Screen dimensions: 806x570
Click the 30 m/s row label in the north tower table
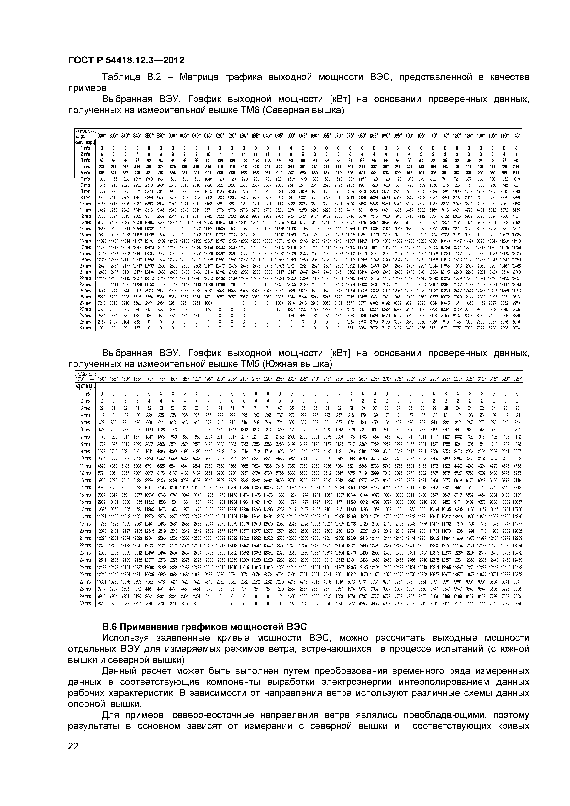(x=85, y=328)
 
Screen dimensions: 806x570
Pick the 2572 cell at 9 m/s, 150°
(x=102, y=451)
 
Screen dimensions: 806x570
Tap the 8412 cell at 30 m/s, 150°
(x=102, y=603)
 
